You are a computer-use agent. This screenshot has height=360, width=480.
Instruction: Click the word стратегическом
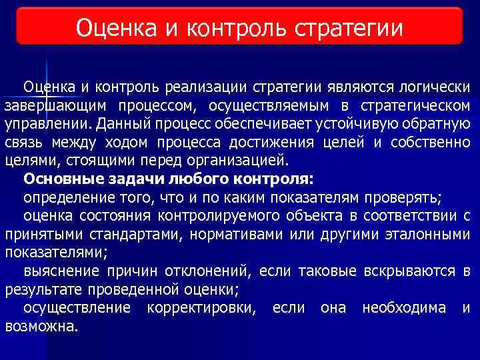(x=415, y=106)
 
